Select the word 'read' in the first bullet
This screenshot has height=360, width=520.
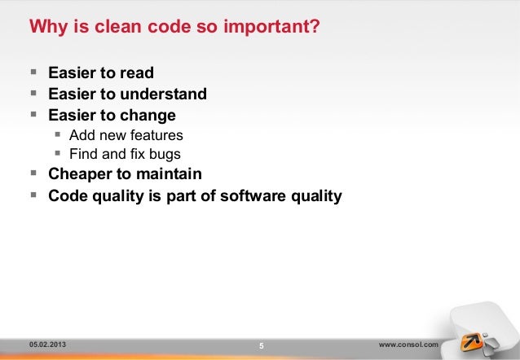(136, 74)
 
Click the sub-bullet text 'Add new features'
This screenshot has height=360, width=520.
(126, 134)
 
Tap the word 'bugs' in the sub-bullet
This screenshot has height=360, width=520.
(164, 153)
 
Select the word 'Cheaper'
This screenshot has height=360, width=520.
(79, 173)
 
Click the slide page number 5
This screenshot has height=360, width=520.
(261, 346)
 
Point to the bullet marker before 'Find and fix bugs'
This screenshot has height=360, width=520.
(58, 153)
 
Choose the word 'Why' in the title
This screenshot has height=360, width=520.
(45, 28)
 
